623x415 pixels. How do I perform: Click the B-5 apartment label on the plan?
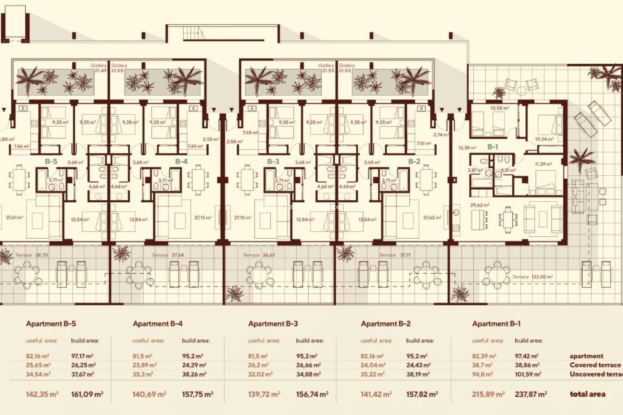tap(51, 161)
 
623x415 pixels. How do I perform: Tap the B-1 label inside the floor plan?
tap(492, 147)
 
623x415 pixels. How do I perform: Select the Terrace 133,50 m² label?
tap(532, 277)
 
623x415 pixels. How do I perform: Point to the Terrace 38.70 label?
tap(31, 255)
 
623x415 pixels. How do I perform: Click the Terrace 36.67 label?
tap(259, 255)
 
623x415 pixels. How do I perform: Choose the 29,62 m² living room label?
tap(480, 205)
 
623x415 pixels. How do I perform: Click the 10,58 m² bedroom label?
tap(499, 108)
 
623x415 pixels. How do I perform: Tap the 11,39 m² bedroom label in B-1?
tap(543, 164)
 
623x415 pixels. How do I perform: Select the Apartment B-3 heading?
tap(273, 324)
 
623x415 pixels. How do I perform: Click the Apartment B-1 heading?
tap(496, 324)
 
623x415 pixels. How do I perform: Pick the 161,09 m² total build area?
tap(87, 394)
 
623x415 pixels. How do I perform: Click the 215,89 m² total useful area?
tap(488, 394)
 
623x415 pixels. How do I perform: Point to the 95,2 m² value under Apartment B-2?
tap(417, 356)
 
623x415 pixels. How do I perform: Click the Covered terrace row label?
tap(595, 365)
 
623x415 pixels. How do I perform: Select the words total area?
tap(587, 394)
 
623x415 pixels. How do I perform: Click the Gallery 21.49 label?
tap(99, 68)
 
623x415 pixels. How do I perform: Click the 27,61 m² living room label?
tap(15, 218)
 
